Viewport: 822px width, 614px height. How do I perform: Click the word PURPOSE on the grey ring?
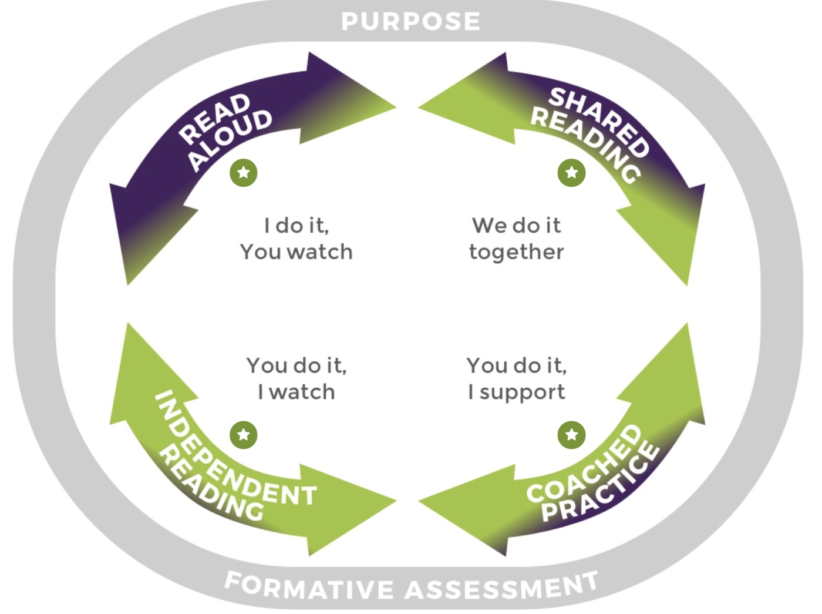(410, 22)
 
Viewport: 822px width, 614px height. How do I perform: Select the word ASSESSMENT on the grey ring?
(503, 587)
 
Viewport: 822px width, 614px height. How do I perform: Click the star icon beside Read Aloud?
(244, 173)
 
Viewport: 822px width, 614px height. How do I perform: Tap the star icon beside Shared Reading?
(571, 173)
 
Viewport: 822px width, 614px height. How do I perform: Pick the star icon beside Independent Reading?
(244, 435)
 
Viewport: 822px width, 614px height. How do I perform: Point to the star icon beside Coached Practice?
(571, 435)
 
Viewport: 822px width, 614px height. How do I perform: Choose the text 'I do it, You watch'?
(297, 239)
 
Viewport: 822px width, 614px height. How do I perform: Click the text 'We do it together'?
(517, 239)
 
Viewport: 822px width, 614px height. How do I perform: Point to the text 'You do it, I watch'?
(297, 378)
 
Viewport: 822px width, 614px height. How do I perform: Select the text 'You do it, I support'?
(517, 378)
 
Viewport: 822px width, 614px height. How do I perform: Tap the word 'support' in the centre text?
(522, 392)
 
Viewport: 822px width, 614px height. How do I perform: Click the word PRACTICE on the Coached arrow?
(602, 485)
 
